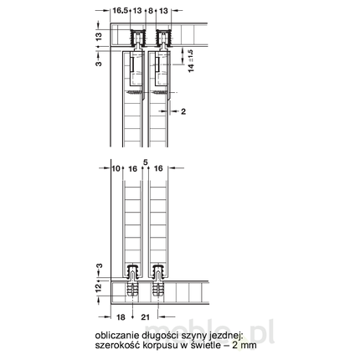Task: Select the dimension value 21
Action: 145,318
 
